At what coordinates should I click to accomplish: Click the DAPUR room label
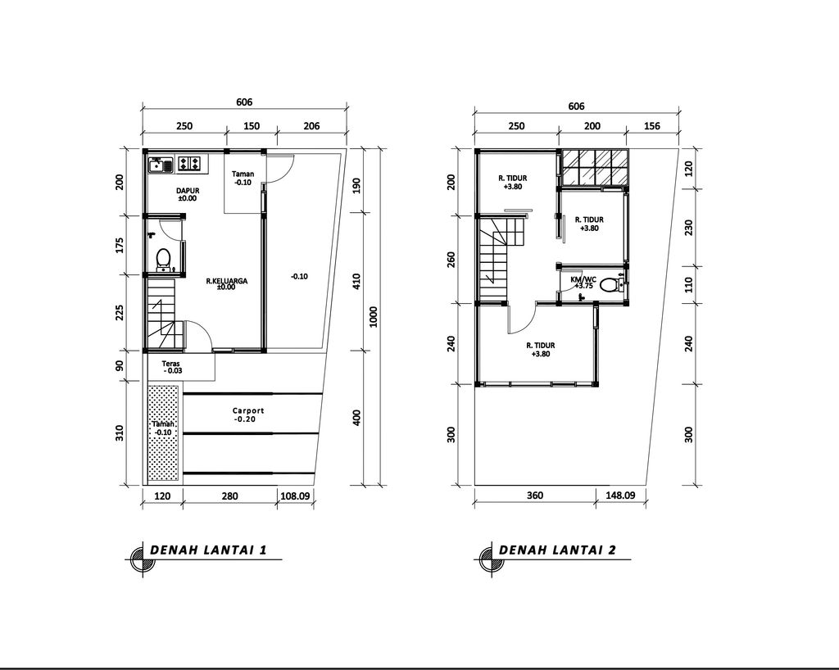[x=188, y=190]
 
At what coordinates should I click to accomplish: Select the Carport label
[x=248, y=410]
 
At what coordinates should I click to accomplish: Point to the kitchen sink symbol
[x=161, y=164]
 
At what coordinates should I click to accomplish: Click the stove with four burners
[x=190, y=164]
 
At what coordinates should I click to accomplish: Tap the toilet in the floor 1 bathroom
[x=163, y=259]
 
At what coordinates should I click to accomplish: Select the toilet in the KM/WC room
[x=610, y=285]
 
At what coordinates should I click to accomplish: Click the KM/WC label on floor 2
[x=583, y=279]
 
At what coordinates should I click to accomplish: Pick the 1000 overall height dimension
[x=374, y=316]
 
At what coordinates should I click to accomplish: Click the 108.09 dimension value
[x=295, y=496]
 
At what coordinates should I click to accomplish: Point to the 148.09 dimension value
[x=620, y=496]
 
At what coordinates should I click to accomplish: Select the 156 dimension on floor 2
[x=652, y=126]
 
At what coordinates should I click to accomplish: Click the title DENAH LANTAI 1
[x=208, y=550]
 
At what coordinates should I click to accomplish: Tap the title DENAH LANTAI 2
[x=557, y=550]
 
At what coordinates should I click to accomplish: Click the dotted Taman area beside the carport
[x=163, y=433]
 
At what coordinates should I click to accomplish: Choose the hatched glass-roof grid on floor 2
[x=595, y=167]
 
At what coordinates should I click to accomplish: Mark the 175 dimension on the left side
[x=120, y=245]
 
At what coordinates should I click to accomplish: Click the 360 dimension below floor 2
[x=534, y=496]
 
